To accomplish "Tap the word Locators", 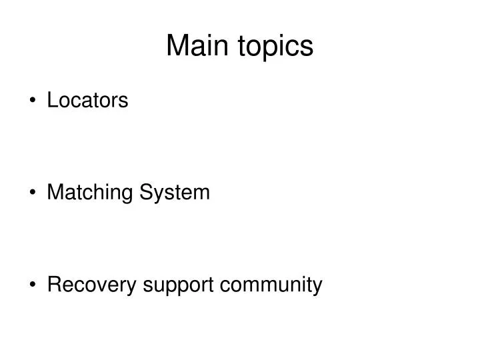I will tap(87, 101).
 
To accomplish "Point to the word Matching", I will tap(90, 193).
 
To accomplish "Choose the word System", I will tap(174, 193).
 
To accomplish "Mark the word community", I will tap(271, 287).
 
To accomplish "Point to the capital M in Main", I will tap(177, 45).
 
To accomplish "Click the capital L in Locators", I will tap(52, 101).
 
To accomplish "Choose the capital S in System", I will tap(145, 193).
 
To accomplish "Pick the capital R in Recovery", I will tap(53, 285).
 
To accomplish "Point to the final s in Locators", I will tap(124, 101).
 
